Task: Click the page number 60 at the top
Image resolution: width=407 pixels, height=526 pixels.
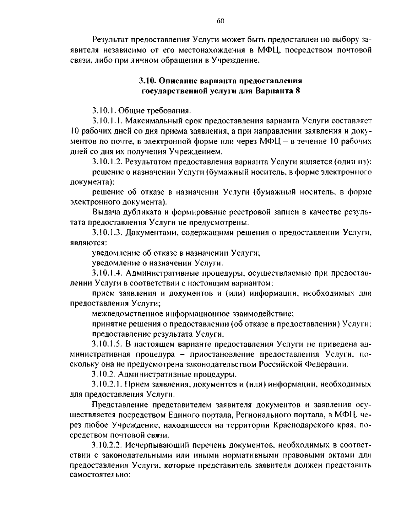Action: (220, 21)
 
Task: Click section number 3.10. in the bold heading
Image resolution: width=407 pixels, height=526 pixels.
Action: (148, 81)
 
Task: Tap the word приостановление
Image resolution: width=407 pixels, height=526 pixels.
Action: (218, 354)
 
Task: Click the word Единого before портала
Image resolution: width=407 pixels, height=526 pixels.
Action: (183, 415)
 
